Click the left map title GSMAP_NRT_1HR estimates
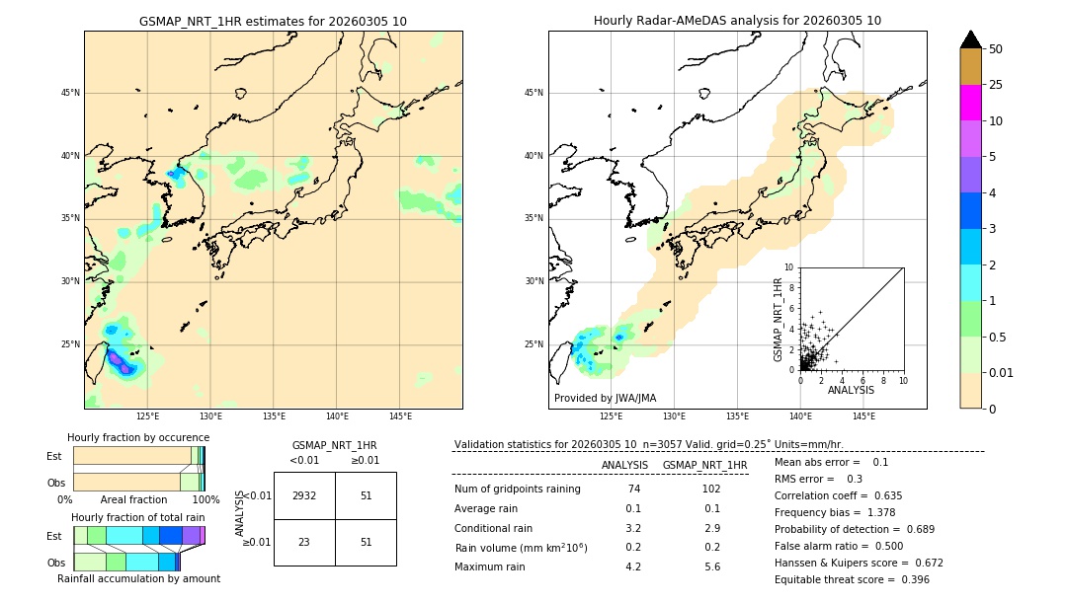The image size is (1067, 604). pyautogui.click(x=273, y=21)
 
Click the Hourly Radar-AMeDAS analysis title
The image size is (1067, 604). pyautogui.click(x=737, y=21)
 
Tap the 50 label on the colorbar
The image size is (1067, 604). pyautogui.click(x=996, y=49)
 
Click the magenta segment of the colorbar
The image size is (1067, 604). pyautogui.click(x=970, y=103)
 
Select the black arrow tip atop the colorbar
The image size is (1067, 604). pyautogui.click(x=970, y=39)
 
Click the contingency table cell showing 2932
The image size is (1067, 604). pyautogui.click(x=304, y=495)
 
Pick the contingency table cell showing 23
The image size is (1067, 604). pyautogui.click(x=304, y=542)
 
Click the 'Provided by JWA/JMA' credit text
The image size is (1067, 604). pyautogui.click(x=605, y=399)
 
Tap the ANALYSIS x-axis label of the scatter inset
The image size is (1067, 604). pyautogui.click(x=851, y=390)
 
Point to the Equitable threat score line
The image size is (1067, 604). pyautogui.click(x=852, y=579)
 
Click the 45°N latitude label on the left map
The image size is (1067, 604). pyautogui.click(x=70, y=93)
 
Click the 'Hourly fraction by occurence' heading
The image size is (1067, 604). pyautogui.click(x=138, y=437)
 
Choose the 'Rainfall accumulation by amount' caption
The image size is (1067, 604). pyautogui.click(x=138, y=578)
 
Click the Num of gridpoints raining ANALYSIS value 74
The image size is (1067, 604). pyautogui.click(x=633, y=489)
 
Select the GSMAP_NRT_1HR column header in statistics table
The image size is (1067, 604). pyautogui.click(x=704, y=465)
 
